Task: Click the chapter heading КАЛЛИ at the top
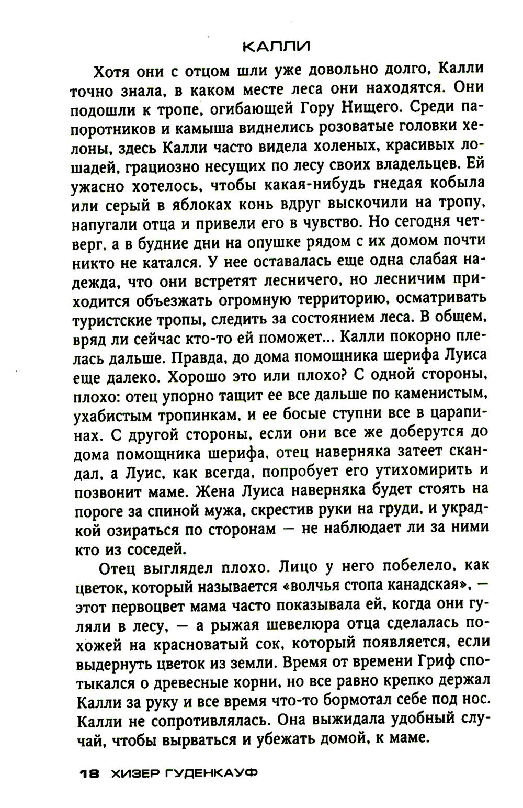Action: coord(276,47)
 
